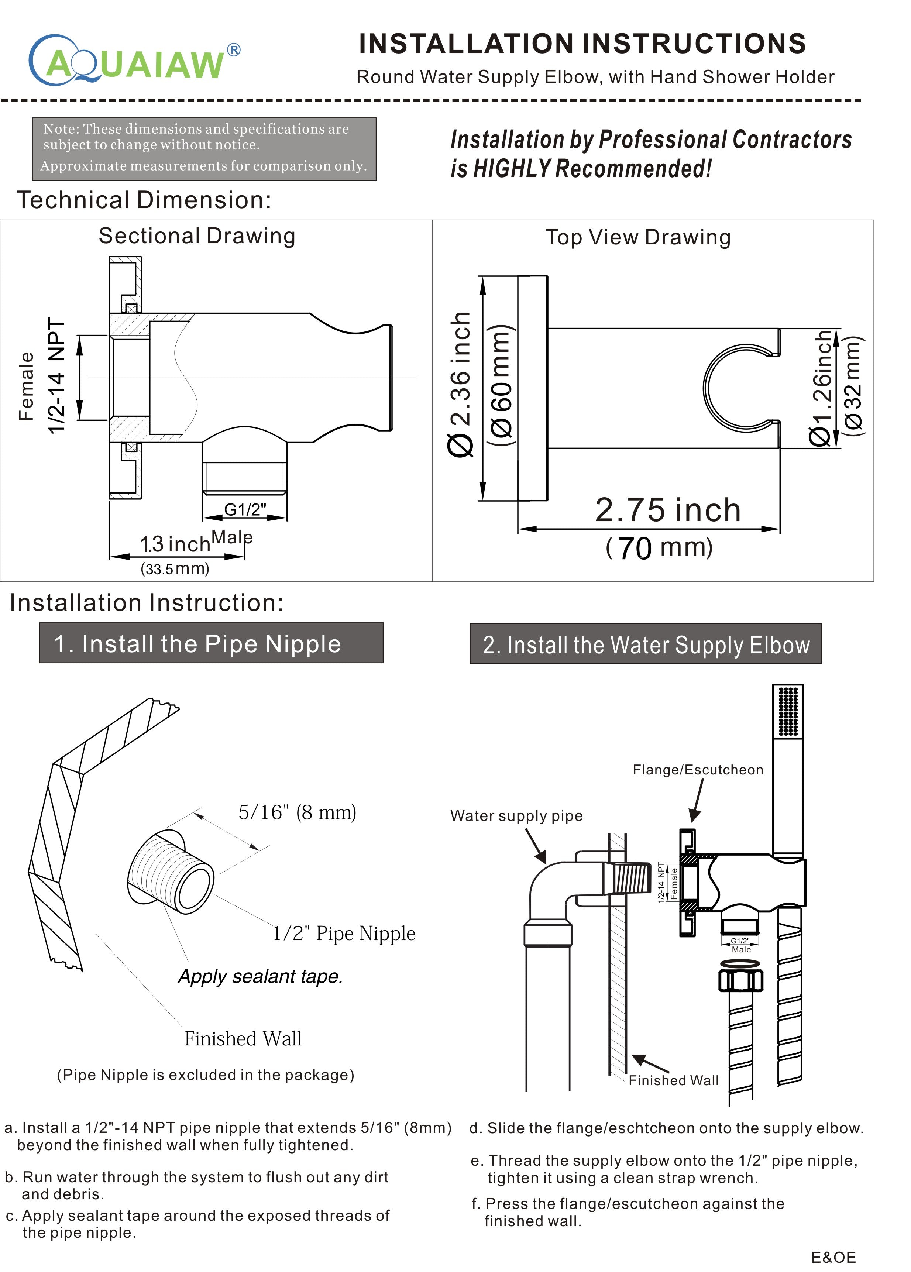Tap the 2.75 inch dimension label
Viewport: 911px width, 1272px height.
pos(667,510)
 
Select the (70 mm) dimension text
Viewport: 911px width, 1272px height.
pos(659,547)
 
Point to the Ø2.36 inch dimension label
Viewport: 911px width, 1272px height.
pos(461,385)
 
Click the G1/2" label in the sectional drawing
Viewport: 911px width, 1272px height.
pos(245,509)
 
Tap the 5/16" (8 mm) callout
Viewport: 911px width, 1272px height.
pos(297,812)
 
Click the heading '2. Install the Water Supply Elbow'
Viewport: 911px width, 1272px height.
pos(646,644)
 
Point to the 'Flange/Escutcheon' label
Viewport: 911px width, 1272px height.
pos(698,770)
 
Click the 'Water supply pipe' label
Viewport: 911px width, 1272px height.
pos(516,815)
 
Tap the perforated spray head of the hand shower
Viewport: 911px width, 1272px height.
pos(788,711)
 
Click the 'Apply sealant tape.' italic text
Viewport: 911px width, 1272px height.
pos(260,976)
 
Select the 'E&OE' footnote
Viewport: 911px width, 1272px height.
pos(833,1257)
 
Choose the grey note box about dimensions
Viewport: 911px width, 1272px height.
pos(204,149)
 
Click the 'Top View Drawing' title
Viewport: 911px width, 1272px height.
pos(638,237)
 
